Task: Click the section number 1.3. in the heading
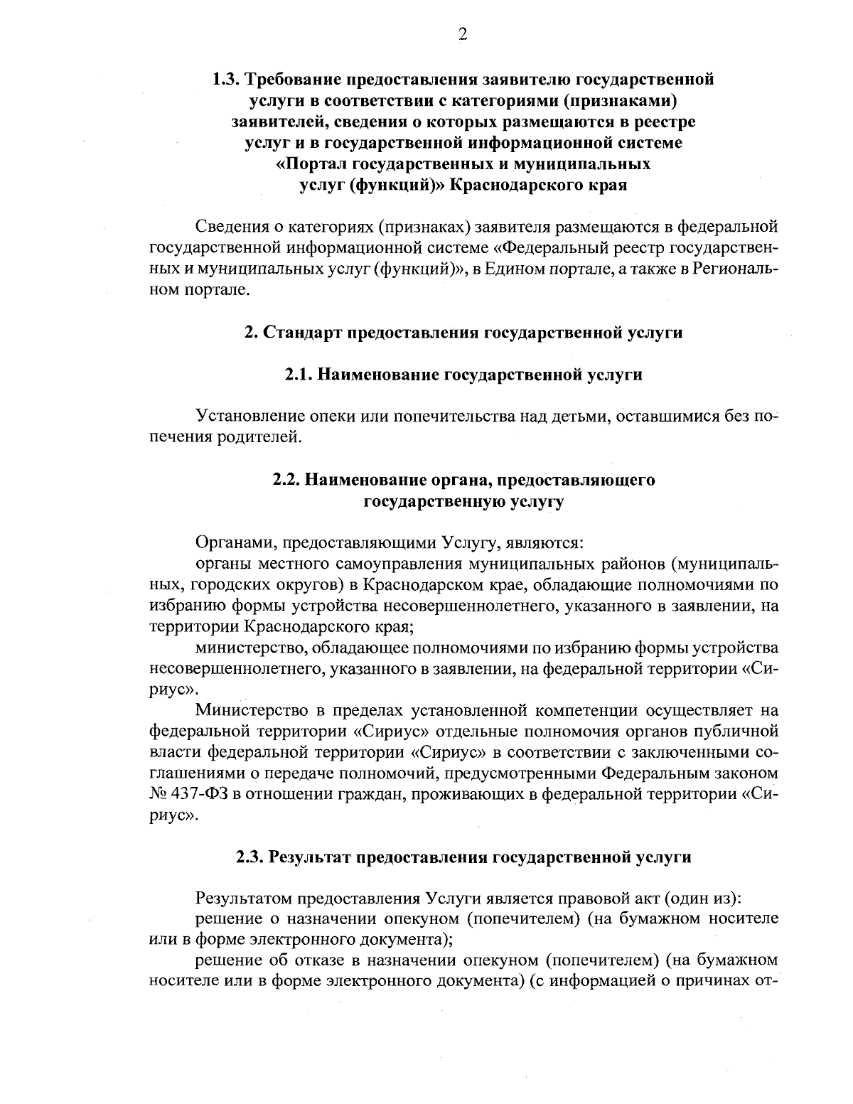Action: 228,79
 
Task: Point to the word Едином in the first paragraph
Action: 504,269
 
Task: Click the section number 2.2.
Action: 288,480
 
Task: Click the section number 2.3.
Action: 251,857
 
